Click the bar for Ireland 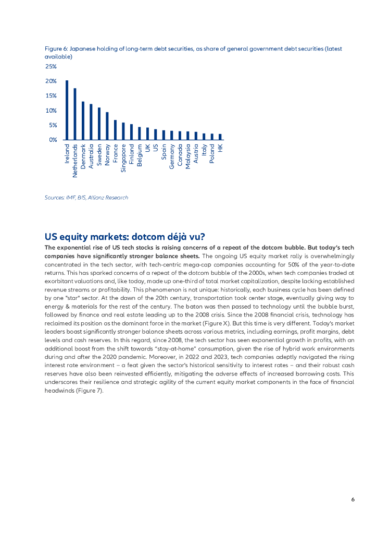pyautogui.click(x=67, y=110)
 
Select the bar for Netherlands pyautogui.click(x=75, y=114)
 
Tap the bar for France pyautogui.click(x=115, y=130)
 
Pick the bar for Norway pyautogui.click(x=107, y=126)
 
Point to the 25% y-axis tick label pyautogui.click(x=51, y=67)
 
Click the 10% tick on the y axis pyautogui.click(x=51, y=111)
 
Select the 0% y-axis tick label pyautogui.click(x=53, y=140)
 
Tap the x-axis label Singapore pyautogui.click(x=123, y=158)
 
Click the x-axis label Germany pyautogui.click(x=171, y=157)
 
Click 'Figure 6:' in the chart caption pyautogui.click(x=56, y=48)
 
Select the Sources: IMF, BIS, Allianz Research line pyautogui.click(x=86, y=198)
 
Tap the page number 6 pyautogui.click(x=353, y=499)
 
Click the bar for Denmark pyautogui.click(x=83, y=120)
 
